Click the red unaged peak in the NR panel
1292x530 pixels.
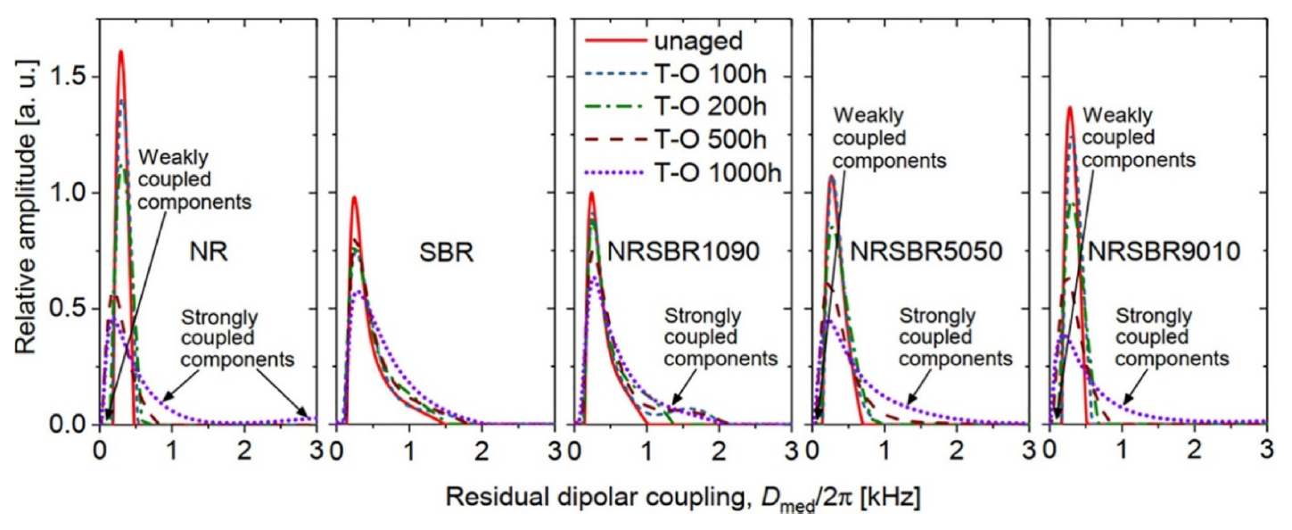click(120, 52)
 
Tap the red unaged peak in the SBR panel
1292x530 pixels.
click(354, 197)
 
